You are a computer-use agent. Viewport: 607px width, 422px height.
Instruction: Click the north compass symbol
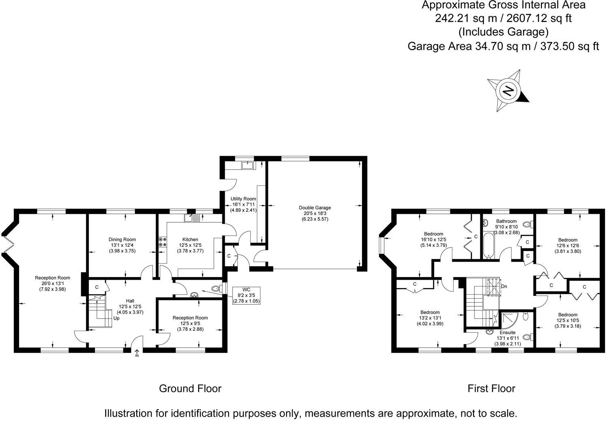coord(508,90)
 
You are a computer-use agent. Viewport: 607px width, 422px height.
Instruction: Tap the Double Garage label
coord(314,208)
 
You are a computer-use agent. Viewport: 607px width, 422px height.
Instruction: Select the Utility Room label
coord(243,199)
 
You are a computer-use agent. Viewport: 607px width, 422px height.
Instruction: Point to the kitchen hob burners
coord(162,242)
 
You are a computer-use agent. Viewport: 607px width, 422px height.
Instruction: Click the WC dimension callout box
coord(246,295)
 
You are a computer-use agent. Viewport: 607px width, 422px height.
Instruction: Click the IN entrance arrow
coord(137,353)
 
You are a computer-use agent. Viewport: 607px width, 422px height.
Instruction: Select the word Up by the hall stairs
coord(116,318)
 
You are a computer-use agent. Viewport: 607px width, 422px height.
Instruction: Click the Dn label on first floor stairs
coord(504,286)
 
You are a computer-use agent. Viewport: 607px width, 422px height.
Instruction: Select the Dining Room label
coord(122,239)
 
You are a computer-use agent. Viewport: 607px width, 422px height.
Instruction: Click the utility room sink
coord(247,165)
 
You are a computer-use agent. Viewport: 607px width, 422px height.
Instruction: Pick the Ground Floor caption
coord(190,388)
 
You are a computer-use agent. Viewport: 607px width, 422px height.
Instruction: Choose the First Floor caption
coord(491,388)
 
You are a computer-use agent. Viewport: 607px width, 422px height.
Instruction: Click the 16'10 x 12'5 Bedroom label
coord(433,239)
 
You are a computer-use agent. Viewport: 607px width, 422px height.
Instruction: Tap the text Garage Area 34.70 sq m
coord(469,46)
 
